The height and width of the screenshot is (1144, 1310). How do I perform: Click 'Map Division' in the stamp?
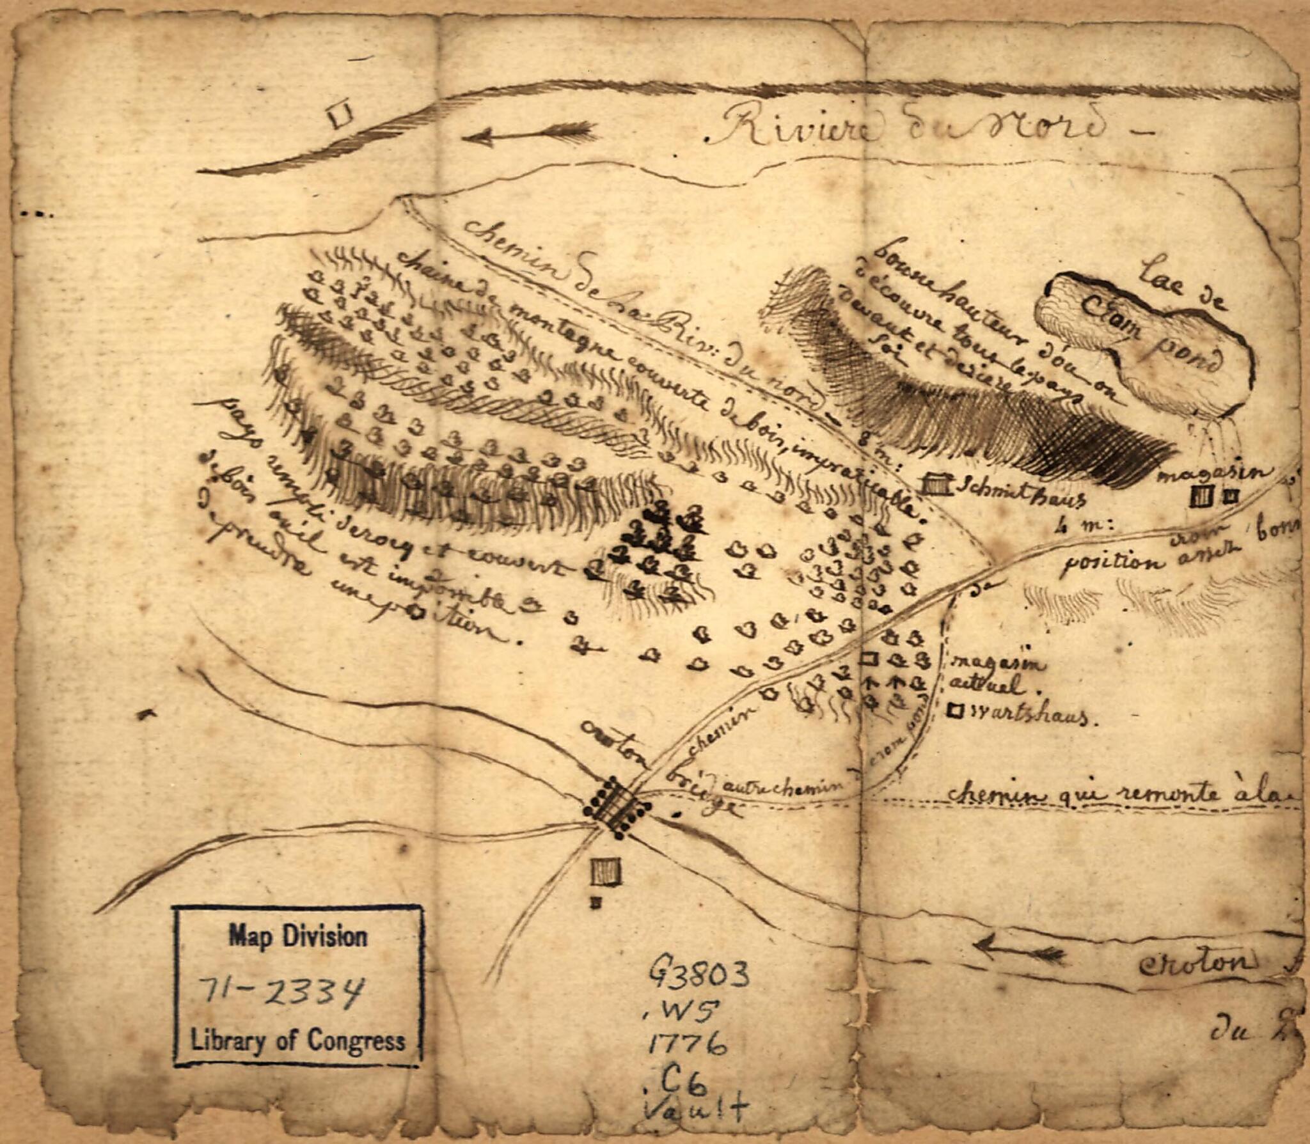(298, 937)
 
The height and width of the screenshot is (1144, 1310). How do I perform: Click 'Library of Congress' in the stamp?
(298, 1041)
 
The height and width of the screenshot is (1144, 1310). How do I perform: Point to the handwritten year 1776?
(688, 1045)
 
